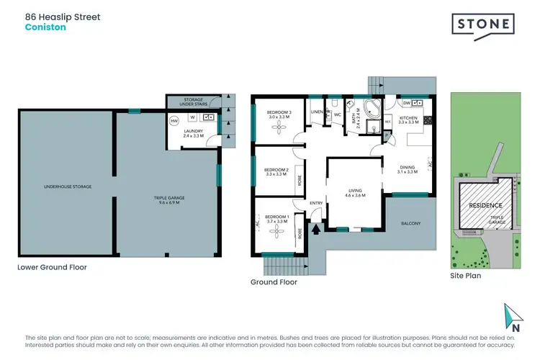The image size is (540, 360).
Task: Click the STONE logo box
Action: point(483,25)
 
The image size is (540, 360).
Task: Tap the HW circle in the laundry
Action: point(174,122)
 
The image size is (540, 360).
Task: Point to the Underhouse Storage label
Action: point(67,186)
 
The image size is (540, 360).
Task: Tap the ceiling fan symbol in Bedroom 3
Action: point(279,128)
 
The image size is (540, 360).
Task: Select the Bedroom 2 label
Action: point(277,170)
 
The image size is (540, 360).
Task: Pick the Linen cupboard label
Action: point(316,112)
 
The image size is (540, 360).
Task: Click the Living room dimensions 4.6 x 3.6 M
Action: point(354,196)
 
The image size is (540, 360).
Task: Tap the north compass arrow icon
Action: point(513,315)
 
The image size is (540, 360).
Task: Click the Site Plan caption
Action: point(465,275)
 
